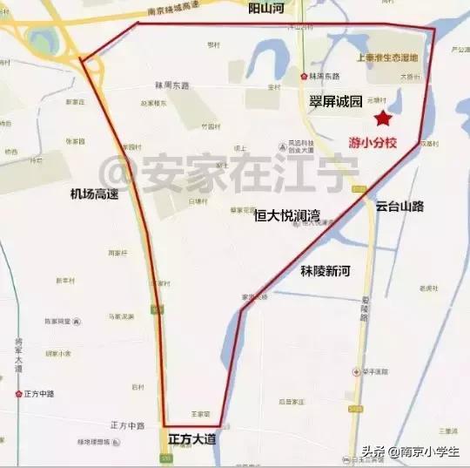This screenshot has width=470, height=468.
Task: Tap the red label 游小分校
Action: [x=372, y=142]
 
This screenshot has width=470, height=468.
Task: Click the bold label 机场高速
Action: [x=95, y=194]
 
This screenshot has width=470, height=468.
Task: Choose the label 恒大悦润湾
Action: [x=287, y=214]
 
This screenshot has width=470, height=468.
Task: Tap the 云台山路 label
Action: [x=399, y=207]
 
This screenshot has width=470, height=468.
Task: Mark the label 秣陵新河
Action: [x=324, y=272]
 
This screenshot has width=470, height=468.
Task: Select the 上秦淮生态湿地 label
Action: [x=387, y=58]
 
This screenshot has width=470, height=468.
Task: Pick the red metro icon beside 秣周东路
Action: [x=303, y=77]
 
